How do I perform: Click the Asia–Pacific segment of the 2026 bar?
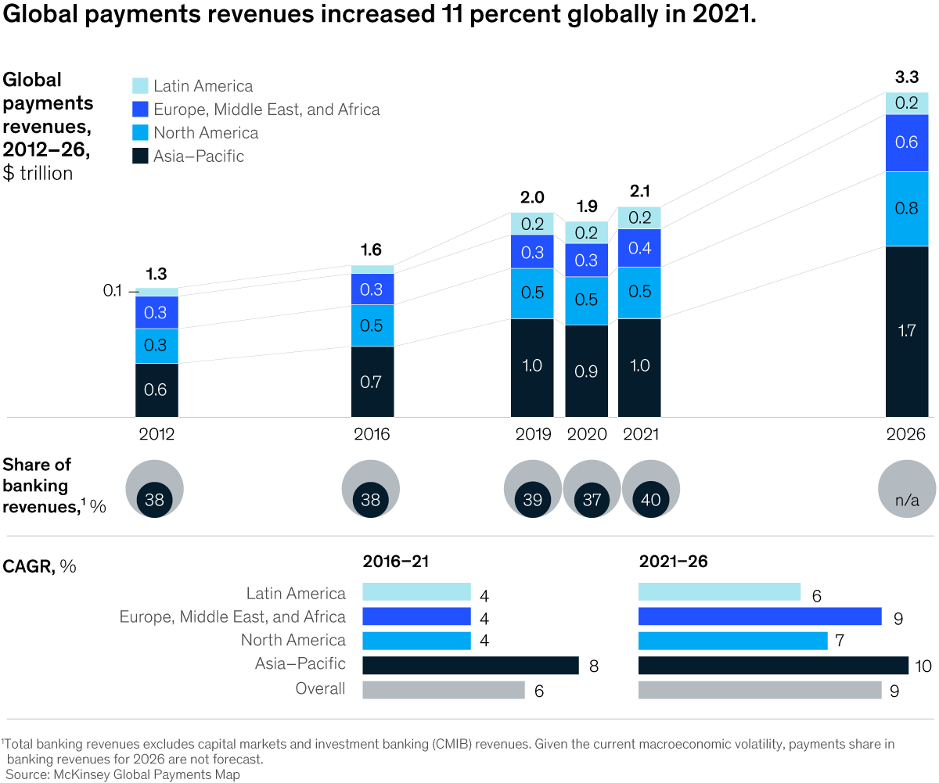[x=906, y=332]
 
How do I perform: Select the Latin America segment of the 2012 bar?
[x=156, y=292]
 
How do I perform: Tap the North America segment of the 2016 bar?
[x=372, y=325]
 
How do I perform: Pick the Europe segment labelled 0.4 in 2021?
[x=639, y=248]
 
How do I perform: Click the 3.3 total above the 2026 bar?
[x=906, y=77]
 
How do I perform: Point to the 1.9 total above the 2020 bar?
[x=586, y=207]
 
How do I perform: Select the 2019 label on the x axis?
[x=532, y=434]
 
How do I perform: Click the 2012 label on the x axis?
[x=156, y=434]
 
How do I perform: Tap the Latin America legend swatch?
[x=140, y=86]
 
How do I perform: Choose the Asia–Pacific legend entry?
[x=198, y=156]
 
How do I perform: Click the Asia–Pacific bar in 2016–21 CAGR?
[x=470, y=665]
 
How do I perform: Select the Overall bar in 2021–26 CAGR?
[x=760, y=689]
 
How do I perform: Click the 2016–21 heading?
[x=396, y=562]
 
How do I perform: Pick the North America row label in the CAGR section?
[x=293, y=641]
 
